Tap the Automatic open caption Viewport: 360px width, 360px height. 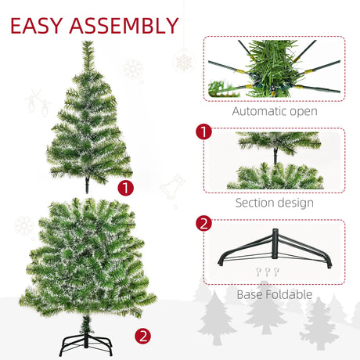click(274, 111)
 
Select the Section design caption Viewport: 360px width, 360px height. click(274, 203)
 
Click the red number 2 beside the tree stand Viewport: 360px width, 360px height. click(142, 338)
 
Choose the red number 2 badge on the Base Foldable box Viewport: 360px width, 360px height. click(204, 224)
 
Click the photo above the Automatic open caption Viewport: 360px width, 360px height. click(274, 68)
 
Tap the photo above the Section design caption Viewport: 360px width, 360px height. click(274, 160)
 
